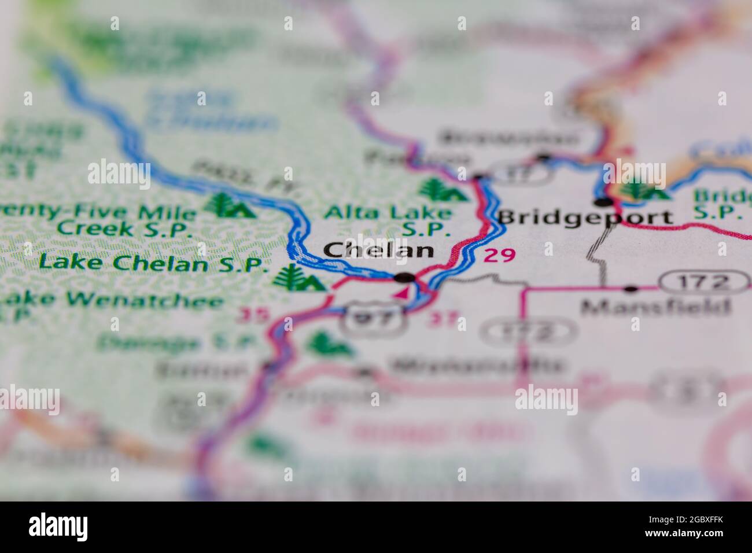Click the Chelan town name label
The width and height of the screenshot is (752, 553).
378,250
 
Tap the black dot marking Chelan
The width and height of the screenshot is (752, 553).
404,278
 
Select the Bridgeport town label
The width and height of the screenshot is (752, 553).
585,217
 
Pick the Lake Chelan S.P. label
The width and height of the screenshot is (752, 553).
154,263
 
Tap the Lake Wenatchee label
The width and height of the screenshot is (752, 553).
113,301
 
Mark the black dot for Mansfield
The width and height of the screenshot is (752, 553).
631,288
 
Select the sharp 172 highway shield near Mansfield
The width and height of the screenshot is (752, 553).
704,282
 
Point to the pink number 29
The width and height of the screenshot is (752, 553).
499,255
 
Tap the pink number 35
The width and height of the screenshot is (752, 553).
253,315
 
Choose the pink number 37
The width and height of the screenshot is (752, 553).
445,319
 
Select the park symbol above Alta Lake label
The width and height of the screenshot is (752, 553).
443,190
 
